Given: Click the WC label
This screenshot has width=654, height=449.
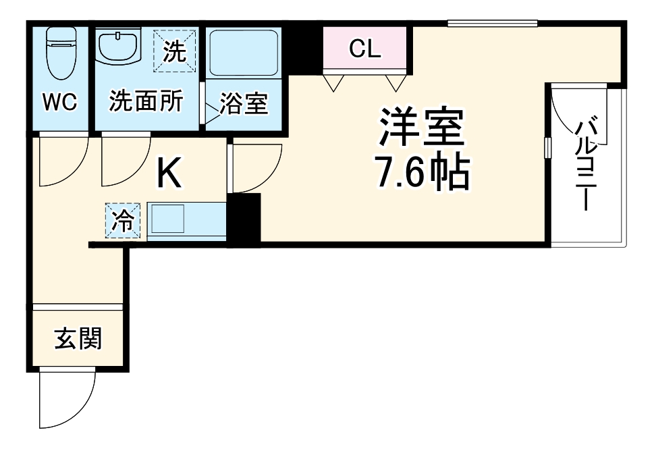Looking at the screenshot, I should click(60, 102).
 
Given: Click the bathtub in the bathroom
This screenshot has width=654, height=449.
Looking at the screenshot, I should click(243, 53).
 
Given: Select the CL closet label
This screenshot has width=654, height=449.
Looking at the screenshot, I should click(364, 48).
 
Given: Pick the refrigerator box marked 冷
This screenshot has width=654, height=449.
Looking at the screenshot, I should click(124, 221).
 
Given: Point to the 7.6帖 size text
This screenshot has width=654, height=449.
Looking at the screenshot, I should click(423, 174).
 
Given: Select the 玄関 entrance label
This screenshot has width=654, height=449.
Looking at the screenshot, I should click(78, 340).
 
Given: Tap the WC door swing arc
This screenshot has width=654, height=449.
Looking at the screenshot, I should click(63, 161).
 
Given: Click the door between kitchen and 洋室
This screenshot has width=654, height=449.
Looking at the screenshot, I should click(255, 169).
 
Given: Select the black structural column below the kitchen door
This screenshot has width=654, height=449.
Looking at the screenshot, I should click(244, 219).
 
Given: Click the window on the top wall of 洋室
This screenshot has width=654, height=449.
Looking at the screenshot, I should click(493, 24).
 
